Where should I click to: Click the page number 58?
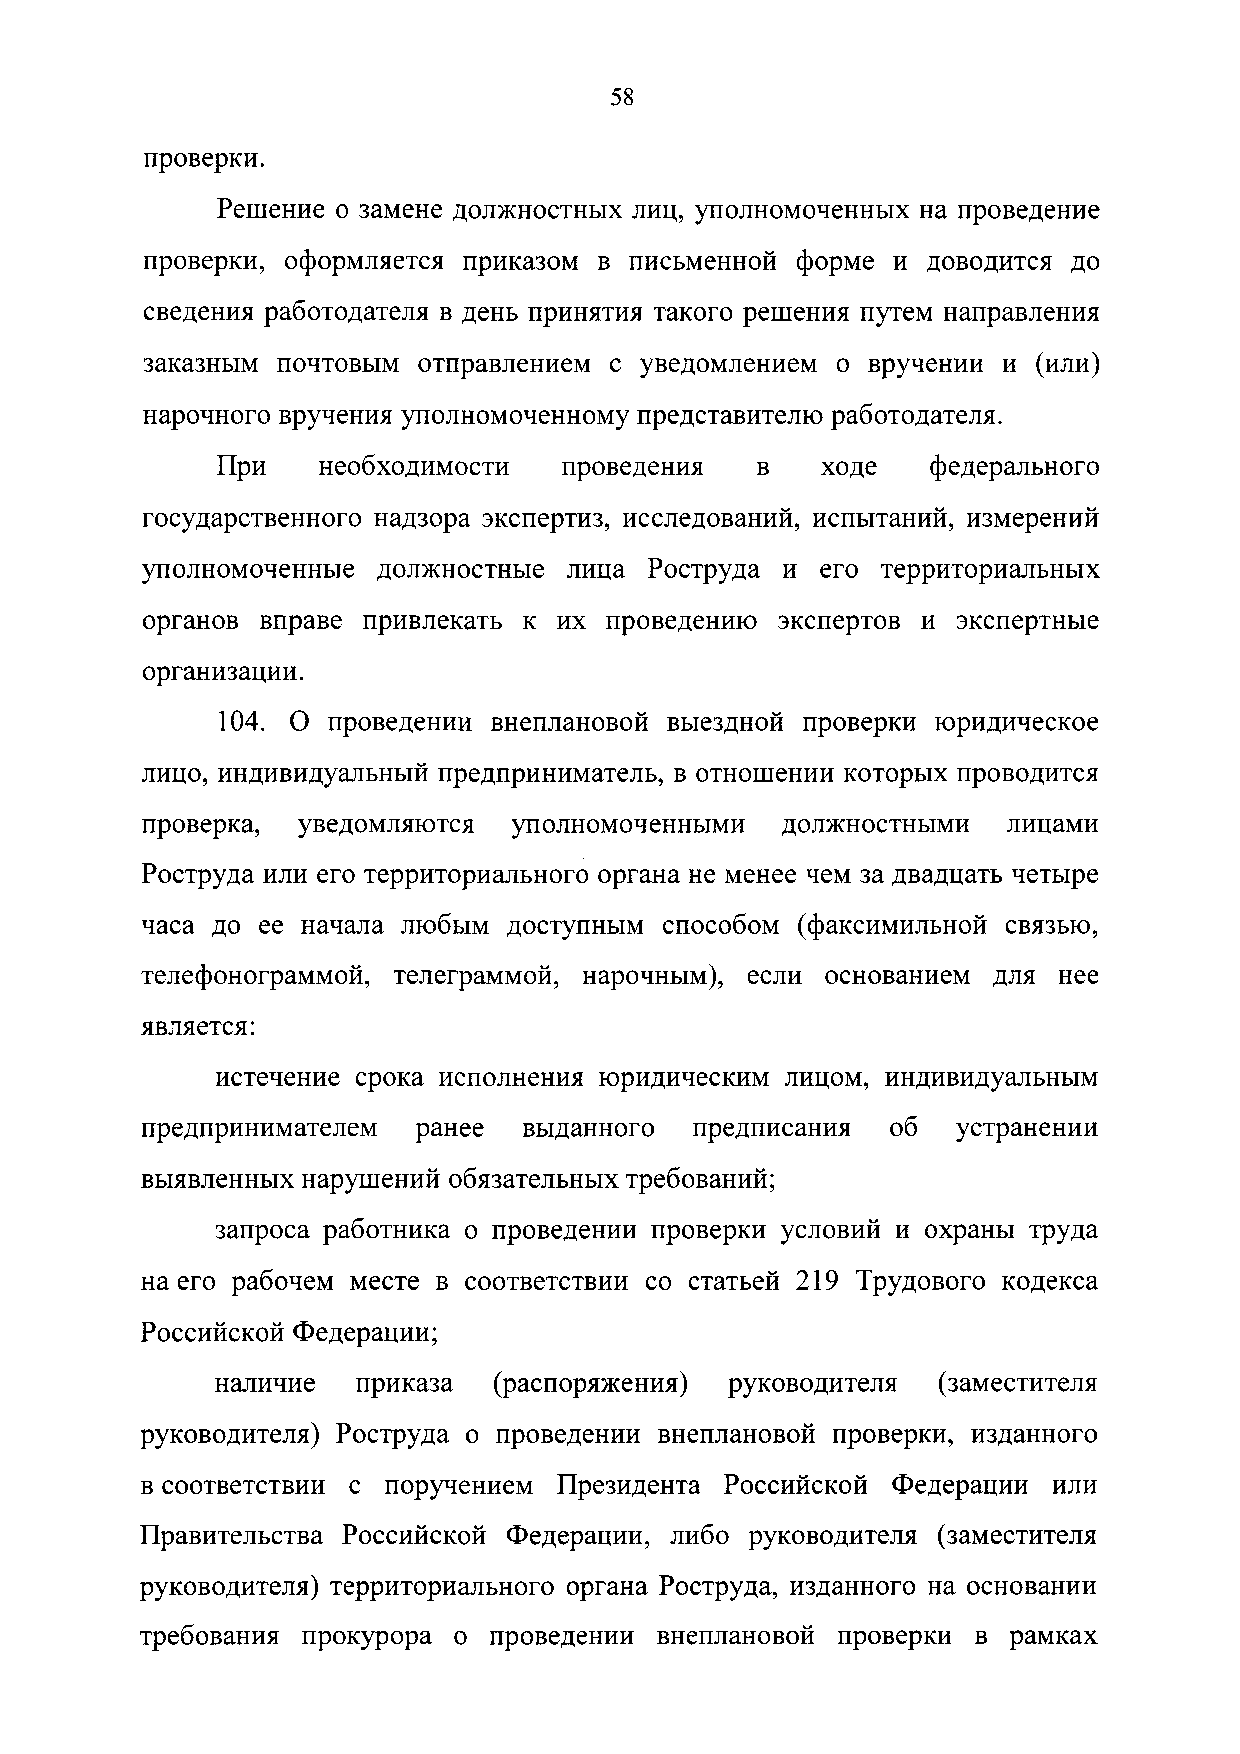622,98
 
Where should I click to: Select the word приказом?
522,262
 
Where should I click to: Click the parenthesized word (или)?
1067,364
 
